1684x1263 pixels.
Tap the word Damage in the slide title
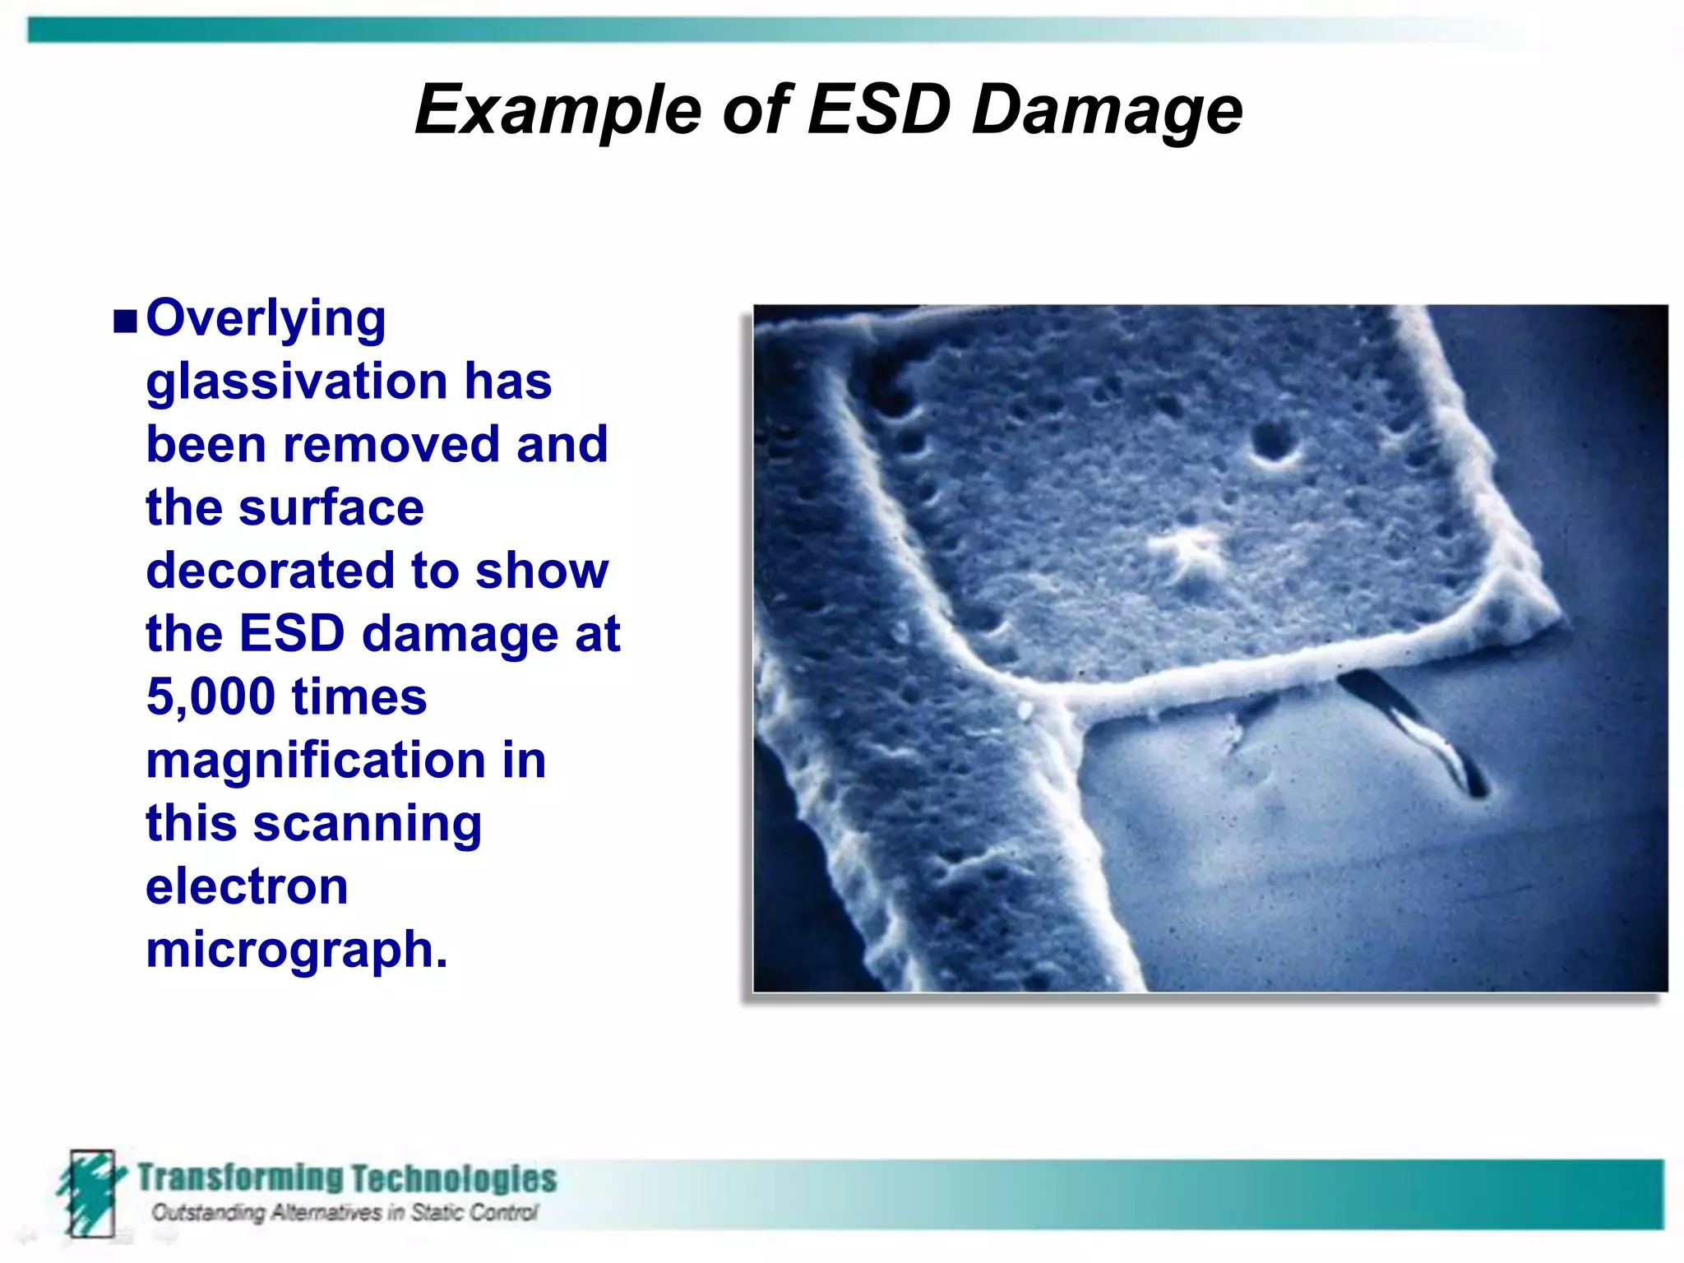1107,110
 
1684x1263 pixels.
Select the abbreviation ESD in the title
878,109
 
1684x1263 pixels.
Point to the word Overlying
266,319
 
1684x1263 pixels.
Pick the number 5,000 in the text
210,696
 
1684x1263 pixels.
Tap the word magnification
316,760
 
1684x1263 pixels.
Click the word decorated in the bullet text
271,571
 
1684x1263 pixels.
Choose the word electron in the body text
247,886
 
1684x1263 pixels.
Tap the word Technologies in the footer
454,1178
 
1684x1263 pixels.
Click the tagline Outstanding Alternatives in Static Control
344,1213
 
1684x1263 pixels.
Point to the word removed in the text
391,445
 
